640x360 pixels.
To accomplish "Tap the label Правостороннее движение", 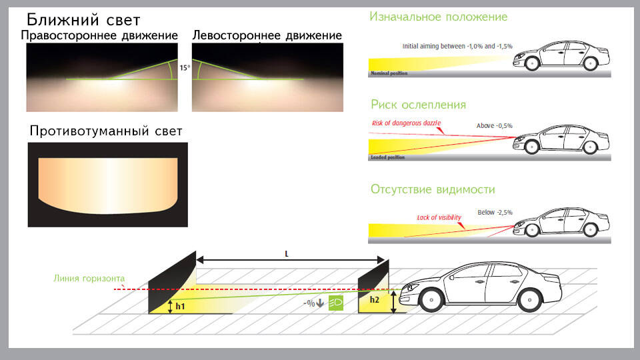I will coord(100,35).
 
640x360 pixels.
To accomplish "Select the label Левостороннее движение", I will coord(267,35).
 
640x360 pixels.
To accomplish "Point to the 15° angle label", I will coord(185,68).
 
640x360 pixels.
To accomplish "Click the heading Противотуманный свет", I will coord(106,131).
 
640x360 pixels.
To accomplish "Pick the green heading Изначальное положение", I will coord(438,17).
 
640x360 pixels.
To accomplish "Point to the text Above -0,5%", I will coord(494,125).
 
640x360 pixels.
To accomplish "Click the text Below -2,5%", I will coord(495,212).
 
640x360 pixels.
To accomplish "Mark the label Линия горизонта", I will coord(89,278).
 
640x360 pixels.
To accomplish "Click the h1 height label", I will coord(180,307).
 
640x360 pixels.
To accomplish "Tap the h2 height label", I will coord(375,301).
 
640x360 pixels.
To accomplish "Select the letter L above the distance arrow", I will coord(287,254).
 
